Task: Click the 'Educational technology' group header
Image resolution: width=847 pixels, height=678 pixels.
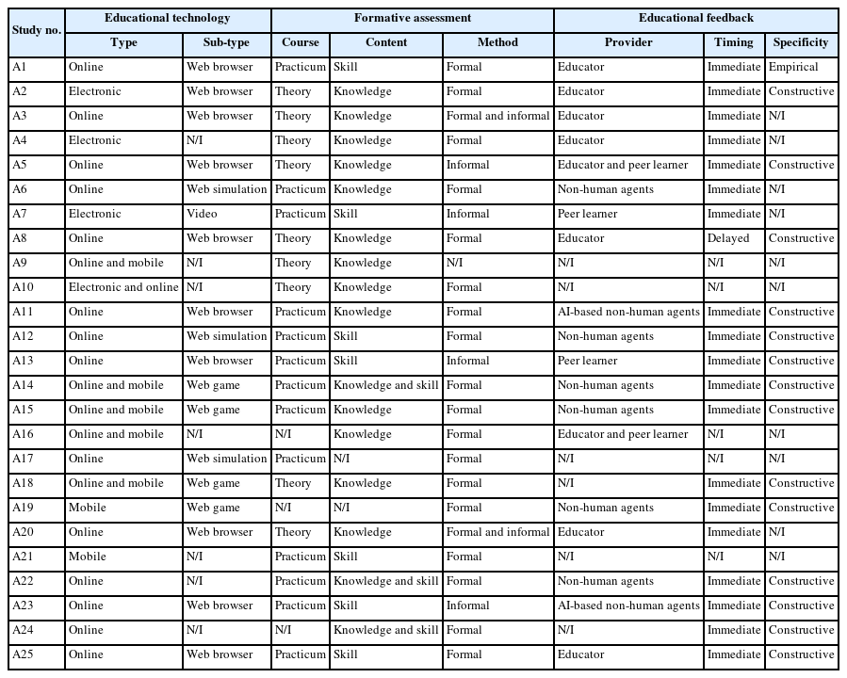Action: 168,18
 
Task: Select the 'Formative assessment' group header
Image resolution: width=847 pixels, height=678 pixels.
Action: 413,18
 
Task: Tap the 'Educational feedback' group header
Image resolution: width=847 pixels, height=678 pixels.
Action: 695,18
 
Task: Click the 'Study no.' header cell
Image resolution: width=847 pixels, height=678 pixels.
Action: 37,30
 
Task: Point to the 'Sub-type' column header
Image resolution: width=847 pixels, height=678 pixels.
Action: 227,42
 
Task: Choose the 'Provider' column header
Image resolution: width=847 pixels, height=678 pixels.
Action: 628,42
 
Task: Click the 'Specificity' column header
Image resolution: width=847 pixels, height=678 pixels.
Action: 801,42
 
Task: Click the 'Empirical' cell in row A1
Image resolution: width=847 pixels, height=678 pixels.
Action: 793,67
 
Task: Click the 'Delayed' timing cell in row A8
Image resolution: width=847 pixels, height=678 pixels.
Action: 728,238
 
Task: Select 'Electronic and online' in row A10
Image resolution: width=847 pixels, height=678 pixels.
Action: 123,287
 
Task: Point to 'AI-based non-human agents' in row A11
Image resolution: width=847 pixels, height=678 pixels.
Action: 628,312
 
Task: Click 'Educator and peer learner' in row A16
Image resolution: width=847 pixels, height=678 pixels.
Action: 623,434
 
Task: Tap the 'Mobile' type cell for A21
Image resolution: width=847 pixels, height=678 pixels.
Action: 88,557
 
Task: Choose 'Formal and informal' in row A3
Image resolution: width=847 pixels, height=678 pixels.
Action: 497,116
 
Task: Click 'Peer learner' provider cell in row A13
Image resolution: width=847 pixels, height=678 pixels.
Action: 588,361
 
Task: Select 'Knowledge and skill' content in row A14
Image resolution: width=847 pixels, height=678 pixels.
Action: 385,385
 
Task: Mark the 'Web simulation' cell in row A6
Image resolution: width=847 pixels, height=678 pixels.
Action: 227,189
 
